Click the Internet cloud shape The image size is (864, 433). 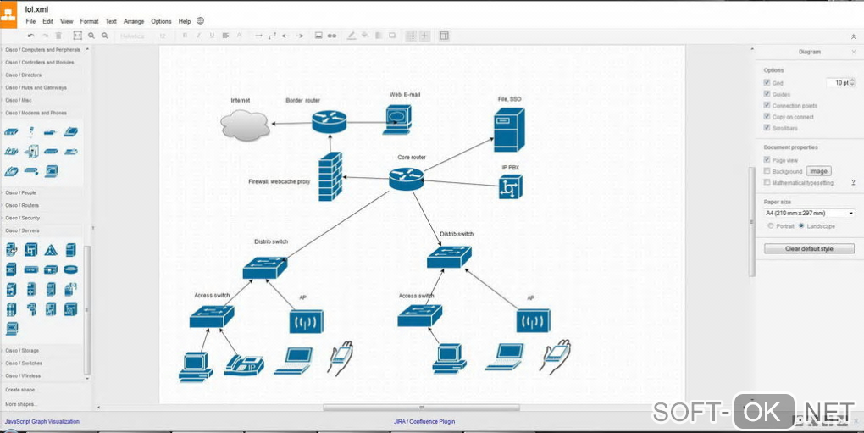coord(245,125)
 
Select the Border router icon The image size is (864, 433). coord(329,121)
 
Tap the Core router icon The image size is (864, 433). coord(406,178)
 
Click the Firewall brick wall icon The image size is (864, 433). coord(330,176)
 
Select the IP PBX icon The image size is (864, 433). coord(511,186)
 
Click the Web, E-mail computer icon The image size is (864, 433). coord(397,118)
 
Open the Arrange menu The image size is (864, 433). coord(134,21)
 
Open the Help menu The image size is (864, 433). coord(185,21)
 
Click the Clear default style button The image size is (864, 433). coord(809,248)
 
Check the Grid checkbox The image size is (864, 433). coord(767,83)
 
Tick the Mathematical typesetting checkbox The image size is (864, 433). coord(767,182)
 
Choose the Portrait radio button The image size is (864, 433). coord(770,226)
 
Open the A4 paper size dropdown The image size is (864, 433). coord(809,213)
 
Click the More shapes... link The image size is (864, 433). coord(21,403)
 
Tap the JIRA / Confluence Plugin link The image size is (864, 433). coord(424,421)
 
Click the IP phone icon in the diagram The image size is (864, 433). coord(244,364)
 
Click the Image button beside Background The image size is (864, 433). coord(818,171)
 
